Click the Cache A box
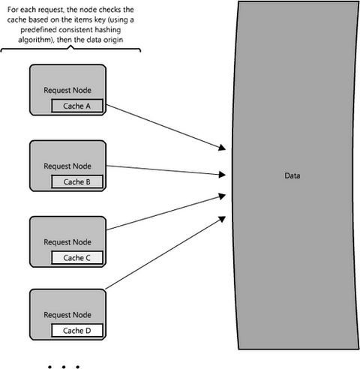(x=77, y=106)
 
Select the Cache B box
(x=77, y=181)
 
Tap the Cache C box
(x=77, y=257)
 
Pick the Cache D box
(x=77, y=331)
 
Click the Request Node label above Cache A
(x=67, y=90)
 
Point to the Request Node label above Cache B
(x=67, y=166)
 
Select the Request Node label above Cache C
(x=67, y=242)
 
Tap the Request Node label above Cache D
(x=67, y=315)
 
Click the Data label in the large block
(x=292, y=175)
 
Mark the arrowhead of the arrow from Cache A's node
(x=222, y=148)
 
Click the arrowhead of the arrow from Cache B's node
(x=223, y=175)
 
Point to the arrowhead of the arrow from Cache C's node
(x=222, y=196)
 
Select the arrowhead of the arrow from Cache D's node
(x=222, y=219)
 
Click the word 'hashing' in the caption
(x=106, y=30)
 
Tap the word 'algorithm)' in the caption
(x=37, y=40)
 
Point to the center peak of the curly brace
(x=70, y=46)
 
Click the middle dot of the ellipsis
(x=64, y=367)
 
